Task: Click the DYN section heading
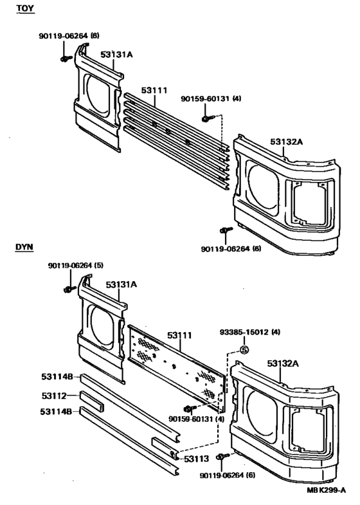click(x=24, y=246)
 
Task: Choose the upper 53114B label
click(x=57, y=377)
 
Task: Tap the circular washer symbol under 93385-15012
click(x=244, y=349)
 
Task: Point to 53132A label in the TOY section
click(x=286, y=142)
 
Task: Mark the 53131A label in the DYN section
click(x=122, y=283)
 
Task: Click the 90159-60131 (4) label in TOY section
click(x=211, y=98)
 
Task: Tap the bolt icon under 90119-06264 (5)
click(x=67, y=291)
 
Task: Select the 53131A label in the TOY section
click(x=116, y=55)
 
